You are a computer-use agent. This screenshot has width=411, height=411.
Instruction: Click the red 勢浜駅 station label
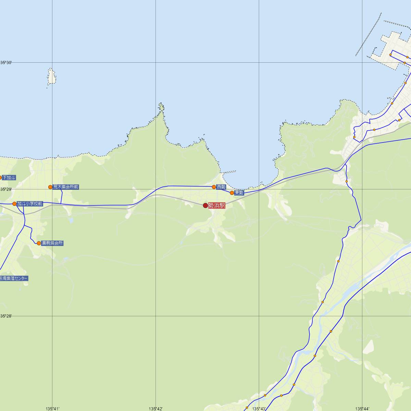216,206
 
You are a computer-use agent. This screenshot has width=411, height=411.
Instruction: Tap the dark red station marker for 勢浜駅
206,206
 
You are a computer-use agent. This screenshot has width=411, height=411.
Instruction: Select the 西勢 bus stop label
221,187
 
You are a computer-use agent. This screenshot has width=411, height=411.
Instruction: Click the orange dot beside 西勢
214,187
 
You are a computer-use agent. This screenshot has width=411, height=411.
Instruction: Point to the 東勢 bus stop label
239,193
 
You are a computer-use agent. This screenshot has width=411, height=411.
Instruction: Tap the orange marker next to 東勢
232,193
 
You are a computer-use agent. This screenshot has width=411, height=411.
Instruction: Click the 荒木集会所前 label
66,187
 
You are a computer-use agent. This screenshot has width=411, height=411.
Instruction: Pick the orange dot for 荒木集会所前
50,187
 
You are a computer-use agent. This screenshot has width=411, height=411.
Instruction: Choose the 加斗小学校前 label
30,204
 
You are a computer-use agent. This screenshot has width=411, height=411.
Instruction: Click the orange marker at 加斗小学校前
14,204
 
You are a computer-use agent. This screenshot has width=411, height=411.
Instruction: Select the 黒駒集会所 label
52,243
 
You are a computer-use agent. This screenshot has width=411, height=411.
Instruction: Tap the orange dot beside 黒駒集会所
39,243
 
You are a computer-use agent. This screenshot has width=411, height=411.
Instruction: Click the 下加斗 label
9,177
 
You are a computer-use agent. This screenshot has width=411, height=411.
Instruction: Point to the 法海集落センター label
14,278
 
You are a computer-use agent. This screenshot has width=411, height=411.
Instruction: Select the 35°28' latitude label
6,316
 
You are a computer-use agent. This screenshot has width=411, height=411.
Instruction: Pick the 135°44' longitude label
362,409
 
